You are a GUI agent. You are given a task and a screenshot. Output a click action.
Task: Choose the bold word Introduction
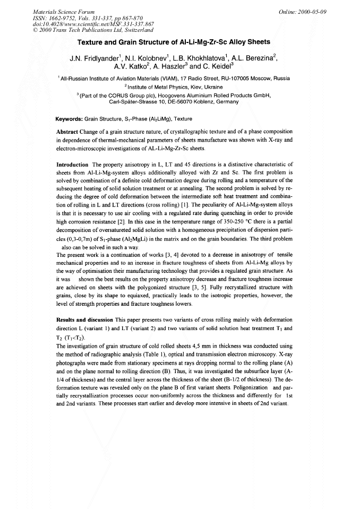(x=72, y=165)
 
